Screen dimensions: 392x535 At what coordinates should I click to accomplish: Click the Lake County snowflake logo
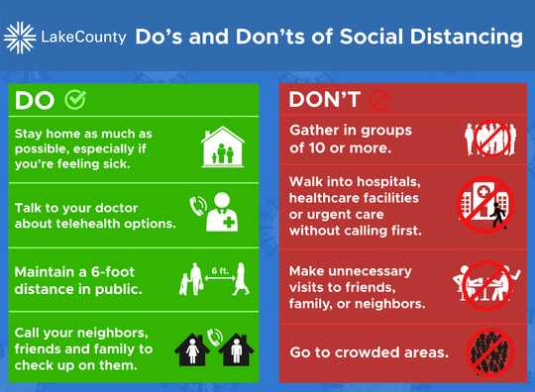21,39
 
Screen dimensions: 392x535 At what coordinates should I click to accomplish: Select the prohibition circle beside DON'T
375,100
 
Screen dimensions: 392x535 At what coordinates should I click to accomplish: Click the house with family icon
222,147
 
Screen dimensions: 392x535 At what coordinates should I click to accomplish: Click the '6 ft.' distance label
220,268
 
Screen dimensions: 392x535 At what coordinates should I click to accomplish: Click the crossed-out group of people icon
485,140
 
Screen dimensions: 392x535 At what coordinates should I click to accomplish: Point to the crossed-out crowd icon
485,351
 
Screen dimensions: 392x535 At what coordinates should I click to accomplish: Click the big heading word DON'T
323,100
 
